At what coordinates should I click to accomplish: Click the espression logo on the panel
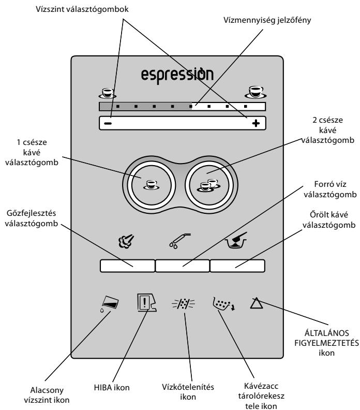point(177,76)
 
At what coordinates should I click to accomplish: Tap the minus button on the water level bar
point(108,123)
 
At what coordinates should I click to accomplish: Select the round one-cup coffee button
point(151,185)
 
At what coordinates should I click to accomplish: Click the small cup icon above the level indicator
point(108,93)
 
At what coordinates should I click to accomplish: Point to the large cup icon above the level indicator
point(256,92)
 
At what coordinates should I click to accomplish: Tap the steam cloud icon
point(126,241)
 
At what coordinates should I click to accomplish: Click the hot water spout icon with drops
point(179,241)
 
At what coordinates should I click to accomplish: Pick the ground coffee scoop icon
point(236,240)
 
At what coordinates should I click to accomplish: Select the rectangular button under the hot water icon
point(183,266)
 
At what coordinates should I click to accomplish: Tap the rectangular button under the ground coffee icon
point(237,266)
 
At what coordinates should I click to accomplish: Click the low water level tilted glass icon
point(110,304)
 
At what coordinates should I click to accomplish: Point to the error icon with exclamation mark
point(146,302)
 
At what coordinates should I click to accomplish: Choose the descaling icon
point(184,304)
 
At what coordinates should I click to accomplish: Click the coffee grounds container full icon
point(223,303)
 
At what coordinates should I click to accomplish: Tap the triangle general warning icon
point(256,303)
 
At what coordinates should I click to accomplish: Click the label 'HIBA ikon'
point(112,387)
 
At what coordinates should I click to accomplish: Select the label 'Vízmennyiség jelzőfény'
point(267,20)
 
